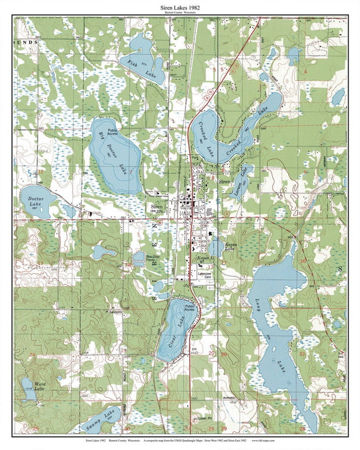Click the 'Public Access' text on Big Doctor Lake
tap(112, 132)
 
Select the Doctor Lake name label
tap(36, 201)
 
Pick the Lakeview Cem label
tap(205, 275)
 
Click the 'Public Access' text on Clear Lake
tap(189, 308)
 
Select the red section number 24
tap(32, 354)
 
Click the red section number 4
tap(305, 72)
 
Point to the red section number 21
tap(303, 354)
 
